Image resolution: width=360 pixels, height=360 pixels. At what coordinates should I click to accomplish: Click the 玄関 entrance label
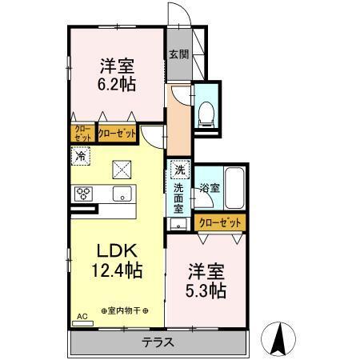pos(178,55)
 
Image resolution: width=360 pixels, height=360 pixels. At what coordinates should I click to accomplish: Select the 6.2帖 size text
pos(116,82)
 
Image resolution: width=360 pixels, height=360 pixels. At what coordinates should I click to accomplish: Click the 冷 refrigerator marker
pos(81,158)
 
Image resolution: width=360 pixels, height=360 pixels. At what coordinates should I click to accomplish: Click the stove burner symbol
pos(85,193)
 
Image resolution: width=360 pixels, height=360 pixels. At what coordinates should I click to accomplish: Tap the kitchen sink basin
pos(122,193)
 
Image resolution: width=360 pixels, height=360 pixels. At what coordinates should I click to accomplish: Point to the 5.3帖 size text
pos(206,290)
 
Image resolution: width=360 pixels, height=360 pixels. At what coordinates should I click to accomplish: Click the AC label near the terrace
pos(80,317)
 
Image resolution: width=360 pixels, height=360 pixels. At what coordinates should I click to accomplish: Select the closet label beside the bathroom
pos(218,223)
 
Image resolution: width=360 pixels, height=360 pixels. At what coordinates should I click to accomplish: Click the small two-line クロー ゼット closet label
pos(82,133)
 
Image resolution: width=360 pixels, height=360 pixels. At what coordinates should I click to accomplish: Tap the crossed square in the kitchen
pos(122,168)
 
